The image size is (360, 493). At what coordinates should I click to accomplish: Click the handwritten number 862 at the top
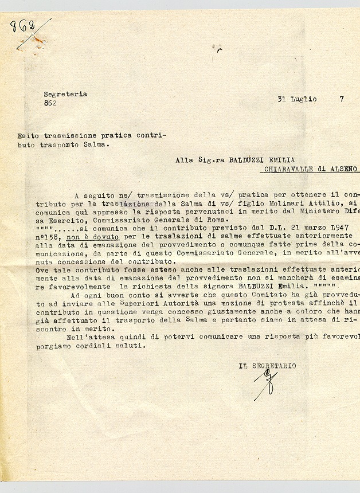click(23, 27)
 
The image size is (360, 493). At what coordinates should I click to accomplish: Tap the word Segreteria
click(65, 94)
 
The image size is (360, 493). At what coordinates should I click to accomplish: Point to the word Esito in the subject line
click(27, 136)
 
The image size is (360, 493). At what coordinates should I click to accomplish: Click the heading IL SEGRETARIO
click(267, 366)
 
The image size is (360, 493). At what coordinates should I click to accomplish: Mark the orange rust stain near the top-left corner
click(38, 40)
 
